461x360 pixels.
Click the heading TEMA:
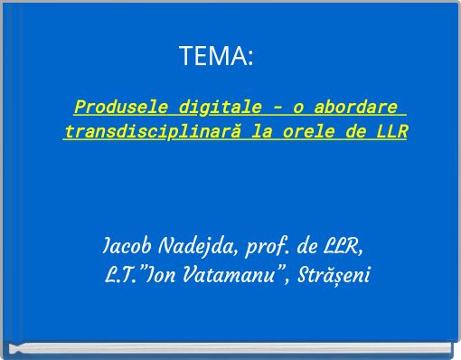[x=216, y=57]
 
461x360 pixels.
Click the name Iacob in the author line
[x=129, y=247]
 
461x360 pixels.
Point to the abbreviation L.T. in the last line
[x=121, y=274]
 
